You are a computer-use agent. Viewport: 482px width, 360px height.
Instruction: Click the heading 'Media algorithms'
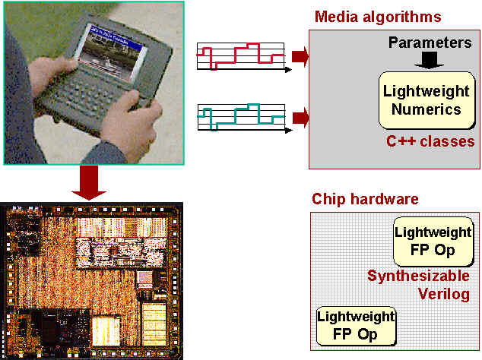[x=378, y=16]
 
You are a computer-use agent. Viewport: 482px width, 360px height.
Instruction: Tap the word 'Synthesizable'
[x=418, y=276]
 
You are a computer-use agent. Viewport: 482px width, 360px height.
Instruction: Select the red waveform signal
[x=240, y=55]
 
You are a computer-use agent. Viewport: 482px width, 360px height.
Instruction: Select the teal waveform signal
[x=240, y=116]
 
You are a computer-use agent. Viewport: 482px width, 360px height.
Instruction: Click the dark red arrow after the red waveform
[x=299, y=55]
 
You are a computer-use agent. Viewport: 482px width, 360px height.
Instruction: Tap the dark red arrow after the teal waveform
[x=299, y=116]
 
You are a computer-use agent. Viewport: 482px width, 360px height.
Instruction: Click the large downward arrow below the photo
[x=93, y=182]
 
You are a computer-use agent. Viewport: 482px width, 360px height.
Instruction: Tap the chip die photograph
[x=92, y=280]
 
